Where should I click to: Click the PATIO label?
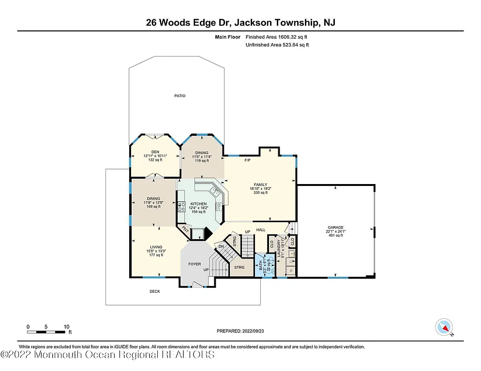click(x=180, y=96)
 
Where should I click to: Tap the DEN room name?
click(x=155, y=152)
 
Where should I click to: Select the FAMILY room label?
click(x=260, y=184)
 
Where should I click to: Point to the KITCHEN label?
click(x=198, y=204)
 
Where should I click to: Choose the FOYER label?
click(x=195, y=264)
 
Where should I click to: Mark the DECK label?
click(x=154, y=291)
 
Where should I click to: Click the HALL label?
click(x=261, y=229)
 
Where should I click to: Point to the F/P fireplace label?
click(x=247, y=160)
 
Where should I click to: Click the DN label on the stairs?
click(x=221, y=246)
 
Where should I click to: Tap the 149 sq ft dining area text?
click(x=153, y=206)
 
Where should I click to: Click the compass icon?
click(x=444, y=327)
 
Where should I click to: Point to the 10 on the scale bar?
click(x=66, y=327)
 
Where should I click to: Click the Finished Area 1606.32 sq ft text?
click(x=277, y=37)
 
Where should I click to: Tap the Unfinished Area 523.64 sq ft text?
click(x=277, y=45)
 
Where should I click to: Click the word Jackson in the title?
click(x=255, y=22)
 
